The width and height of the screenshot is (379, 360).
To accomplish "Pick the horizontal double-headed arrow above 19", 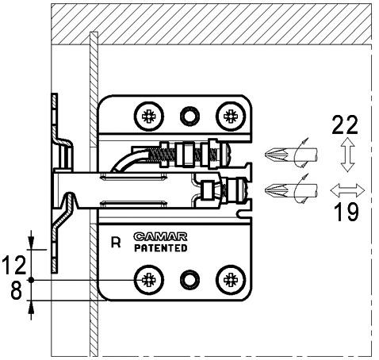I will (x=347, y=190).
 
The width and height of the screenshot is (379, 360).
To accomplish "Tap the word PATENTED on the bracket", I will (x=159, y=248).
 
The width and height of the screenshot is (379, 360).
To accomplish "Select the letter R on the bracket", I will (x=116, y=243).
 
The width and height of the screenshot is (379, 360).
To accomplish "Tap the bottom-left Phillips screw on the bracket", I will (x=147, y=280).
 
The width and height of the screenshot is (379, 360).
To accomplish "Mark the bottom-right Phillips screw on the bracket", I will (x=230, y=280).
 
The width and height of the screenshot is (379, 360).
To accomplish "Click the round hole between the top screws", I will (x=189, y=115).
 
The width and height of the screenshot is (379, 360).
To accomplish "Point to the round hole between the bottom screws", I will (x=189, y=280).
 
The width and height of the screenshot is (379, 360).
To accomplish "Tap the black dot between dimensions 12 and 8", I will (x=30, y=281).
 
